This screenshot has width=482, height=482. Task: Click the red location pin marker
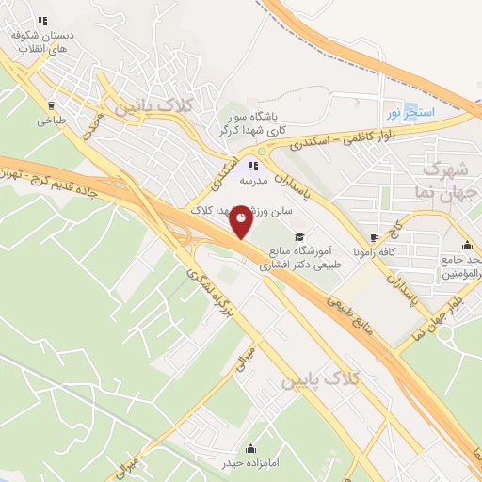pyautogui.click(x=241, y=221)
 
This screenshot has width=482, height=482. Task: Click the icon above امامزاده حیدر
pyautogui.click(x=250, y=447)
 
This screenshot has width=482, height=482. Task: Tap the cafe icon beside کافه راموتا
pyautogui.click(x=377, y=237)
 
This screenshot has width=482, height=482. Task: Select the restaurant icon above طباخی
pyautogui.click(x=49, y=105)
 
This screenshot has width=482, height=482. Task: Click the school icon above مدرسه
pyautogui.click(x=252, y=165)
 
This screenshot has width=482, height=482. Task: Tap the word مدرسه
pyautogui.click(x=254, y=179)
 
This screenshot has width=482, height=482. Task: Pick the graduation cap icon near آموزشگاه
pyautogui.click(x=299, y=236)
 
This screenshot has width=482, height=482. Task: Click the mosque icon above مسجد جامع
pyautogui.click(x=467, y=246)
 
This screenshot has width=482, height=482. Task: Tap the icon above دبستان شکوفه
pyautogui.click(x=40, y=21)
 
